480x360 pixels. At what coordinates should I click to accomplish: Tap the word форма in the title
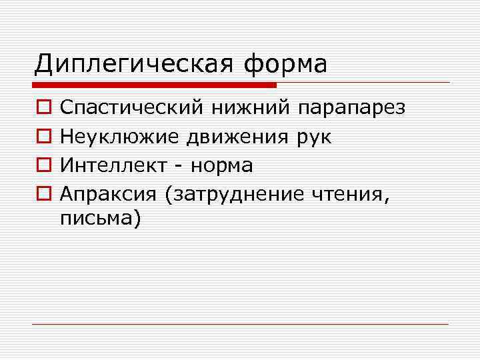click(287, 65)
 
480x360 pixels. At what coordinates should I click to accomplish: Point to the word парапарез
click(352, 108)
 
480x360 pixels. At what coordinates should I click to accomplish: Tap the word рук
click(311, 137)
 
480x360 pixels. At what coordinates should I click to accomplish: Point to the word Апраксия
click(109, 194)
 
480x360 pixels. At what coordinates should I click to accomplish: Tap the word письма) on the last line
click(101, 218)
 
